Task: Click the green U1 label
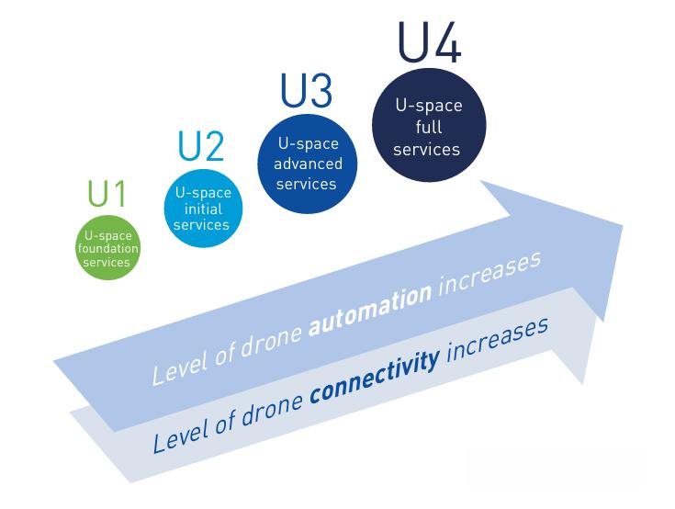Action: click(x=107, y=196)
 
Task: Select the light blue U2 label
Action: click(x=200, y=148)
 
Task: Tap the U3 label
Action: click(x=305, y=93)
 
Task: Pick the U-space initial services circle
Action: click(x=203, y=209)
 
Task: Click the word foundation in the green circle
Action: click(x=107, y=249)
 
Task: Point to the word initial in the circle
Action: click(x=203, y=209)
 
